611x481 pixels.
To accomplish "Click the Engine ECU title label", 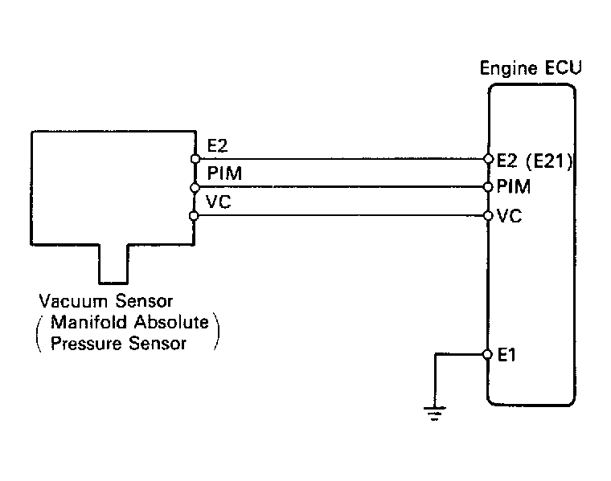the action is [x=531, y=68].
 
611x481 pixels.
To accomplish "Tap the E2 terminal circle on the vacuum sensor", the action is [x=195, y=159].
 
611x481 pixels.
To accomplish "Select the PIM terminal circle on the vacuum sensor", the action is [x=195, y=188].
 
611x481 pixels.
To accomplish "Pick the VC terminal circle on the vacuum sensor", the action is [x=194, y=215].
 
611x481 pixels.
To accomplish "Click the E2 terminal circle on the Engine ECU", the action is [x=488, y=158].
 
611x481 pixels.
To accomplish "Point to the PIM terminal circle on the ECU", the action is [x=488, y=187].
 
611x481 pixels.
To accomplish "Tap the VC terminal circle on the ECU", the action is [x=488, y=215].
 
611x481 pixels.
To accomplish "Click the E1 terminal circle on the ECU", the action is [x=487, y=354].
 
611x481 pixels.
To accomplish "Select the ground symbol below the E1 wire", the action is [x=434, y=414].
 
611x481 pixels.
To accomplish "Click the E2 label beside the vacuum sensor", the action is [x=217, y=146].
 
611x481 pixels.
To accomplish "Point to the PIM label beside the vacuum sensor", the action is [x=224, y=173].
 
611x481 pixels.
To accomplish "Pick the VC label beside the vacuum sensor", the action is [x=219, y=202].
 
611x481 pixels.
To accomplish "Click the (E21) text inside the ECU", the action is [x=550, y=161].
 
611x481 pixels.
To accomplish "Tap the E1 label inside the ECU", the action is [x=506, y=355].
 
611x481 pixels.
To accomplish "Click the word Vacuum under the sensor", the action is [x=73, y=301].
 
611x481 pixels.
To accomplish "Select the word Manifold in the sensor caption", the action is [x=89, y=322].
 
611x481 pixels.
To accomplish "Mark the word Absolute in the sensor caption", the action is [x=171, y=322].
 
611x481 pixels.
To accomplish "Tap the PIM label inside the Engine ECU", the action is [x=514, y=187].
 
